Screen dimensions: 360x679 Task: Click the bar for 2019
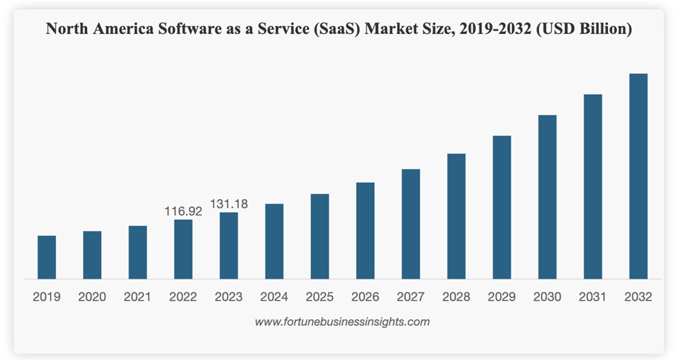point(47,257)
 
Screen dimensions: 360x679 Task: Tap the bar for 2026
point(365,230)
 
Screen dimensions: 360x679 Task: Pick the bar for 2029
point(501,207)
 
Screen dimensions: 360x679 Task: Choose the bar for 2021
point(138,252)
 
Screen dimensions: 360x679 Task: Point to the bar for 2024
point(274,241)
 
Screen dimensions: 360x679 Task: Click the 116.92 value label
point(183,211)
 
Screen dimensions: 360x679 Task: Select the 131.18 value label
point(229,204)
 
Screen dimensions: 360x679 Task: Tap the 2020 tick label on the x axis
point(92,297)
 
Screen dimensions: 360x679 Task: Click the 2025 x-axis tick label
point(320,297)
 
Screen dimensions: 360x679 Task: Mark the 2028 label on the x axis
point(456,297)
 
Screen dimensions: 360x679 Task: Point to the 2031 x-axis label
point(593,297)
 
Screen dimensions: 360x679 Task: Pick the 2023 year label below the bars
point(228,297)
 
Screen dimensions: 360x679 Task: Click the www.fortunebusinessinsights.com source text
point(342,322)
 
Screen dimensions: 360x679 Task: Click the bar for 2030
point(547,196)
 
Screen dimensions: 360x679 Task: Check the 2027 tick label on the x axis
point(411,297)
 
